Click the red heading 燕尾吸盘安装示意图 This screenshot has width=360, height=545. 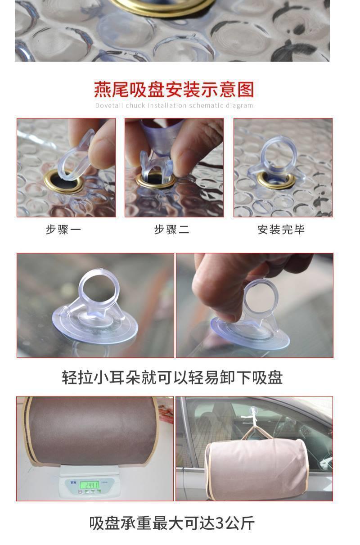[174, 90]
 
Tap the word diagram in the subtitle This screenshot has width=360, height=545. [239, 106]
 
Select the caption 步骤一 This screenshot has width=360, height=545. [63, 230]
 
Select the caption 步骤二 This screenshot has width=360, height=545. [171, 230]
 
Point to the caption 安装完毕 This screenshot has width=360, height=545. [281, 230]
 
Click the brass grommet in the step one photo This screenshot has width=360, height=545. [63, 182]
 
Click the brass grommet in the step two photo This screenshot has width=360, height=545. [156, 180]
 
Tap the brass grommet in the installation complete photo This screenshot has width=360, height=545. [276, 180]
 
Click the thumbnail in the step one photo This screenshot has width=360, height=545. [99, 151]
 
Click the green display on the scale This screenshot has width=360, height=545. [90, 485]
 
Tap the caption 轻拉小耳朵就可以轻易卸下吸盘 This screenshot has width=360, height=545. [172, 378]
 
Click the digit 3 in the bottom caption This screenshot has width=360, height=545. [220, 523]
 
